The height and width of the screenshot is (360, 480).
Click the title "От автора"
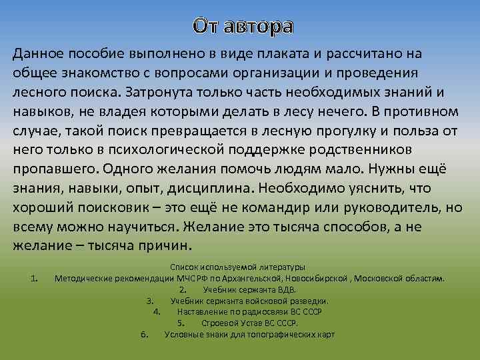[243, 26]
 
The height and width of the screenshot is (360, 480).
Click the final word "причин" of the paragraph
[164, 245]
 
